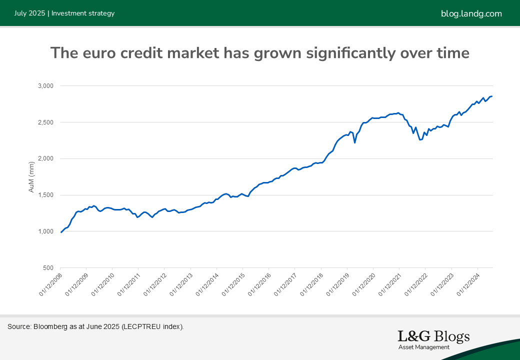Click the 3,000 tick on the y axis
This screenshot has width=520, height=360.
click(x=46, y=86)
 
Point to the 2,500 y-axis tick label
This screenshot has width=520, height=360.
click(x=46, y=122)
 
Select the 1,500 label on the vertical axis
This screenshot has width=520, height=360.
click(x=46, y=195)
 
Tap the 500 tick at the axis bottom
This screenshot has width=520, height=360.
click(x=49, y=268)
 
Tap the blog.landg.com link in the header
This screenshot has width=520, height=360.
click(x=471, y=13)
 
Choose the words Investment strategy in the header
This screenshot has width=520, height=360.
click(x=83, y=13)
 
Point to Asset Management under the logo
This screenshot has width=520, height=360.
click(x=424, y=347)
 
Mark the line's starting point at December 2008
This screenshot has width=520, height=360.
click(x=61, y=232)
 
